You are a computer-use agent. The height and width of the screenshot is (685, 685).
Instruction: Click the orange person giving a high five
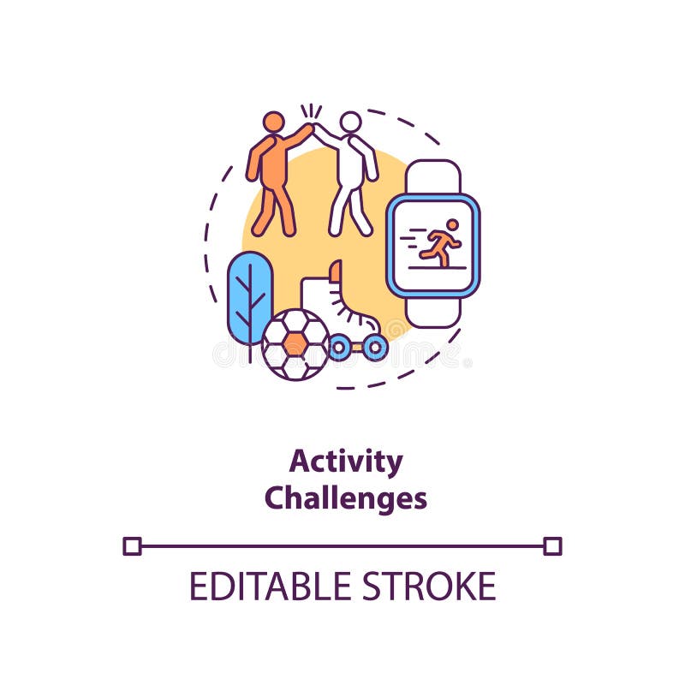[x=272, y=176]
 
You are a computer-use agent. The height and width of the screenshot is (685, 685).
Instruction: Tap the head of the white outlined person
[x=350, y=122]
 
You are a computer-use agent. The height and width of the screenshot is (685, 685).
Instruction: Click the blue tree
[x=250, y=295]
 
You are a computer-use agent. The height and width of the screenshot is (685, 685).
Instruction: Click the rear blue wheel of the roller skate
[x=339, y=348]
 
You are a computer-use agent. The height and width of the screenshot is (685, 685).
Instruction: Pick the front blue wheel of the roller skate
[x=374, y=348]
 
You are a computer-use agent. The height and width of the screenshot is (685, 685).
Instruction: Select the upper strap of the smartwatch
[x=433, y=176]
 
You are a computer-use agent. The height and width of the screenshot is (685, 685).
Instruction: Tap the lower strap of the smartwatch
[x=433, y=312]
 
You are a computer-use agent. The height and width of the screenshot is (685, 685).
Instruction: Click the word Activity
[x=345, y=462]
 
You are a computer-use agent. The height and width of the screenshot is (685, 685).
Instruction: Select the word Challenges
[x=345, y=497]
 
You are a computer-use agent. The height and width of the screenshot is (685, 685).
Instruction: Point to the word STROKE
[x=428, y=587]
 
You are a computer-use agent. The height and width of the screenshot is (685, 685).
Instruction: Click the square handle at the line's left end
[x=132, y=545]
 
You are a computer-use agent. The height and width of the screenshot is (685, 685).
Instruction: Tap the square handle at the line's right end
[x=553, y=545]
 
